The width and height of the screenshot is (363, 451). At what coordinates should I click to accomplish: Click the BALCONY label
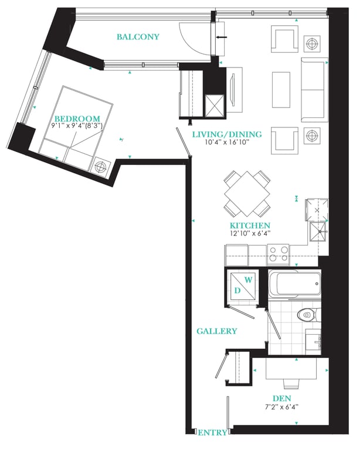[138, 37]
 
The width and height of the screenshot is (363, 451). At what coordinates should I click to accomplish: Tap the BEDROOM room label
[77, 119]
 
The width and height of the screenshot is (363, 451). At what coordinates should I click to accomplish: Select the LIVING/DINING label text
[227, 134]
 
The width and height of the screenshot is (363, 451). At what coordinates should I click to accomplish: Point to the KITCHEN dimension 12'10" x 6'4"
[250, 233]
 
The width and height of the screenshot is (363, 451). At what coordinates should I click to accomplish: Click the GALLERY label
[217, 331]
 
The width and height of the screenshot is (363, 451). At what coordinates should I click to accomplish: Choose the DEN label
[281, 398]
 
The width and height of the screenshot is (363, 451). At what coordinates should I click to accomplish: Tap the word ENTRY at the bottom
[212, 432]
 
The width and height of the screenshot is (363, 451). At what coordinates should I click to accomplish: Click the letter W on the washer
[249, 280]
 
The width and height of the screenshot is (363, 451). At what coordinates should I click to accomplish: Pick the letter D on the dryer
[238, 291]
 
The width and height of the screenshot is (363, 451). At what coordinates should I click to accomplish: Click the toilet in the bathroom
[309, 314]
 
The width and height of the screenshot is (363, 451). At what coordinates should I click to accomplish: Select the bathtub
[294, 284]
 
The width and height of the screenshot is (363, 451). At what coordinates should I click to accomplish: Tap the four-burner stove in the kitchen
[278, 254]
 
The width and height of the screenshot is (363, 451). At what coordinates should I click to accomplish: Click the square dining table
[247, 194]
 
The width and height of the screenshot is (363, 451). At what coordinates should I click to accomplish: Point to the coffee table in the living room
[281, 90]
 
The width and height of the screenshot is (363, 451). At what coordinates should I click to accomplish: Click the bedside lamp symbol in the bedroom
[100, 167]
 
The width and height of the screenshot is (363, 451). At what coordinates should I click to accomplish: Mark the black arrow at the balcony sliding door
[221, 37]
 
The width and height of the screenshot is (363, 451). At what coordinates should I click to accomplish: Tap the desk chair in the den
[291, 383]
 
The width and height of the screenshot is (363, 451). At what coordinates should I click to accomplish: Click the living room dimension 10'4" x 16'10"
[227, 142]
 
